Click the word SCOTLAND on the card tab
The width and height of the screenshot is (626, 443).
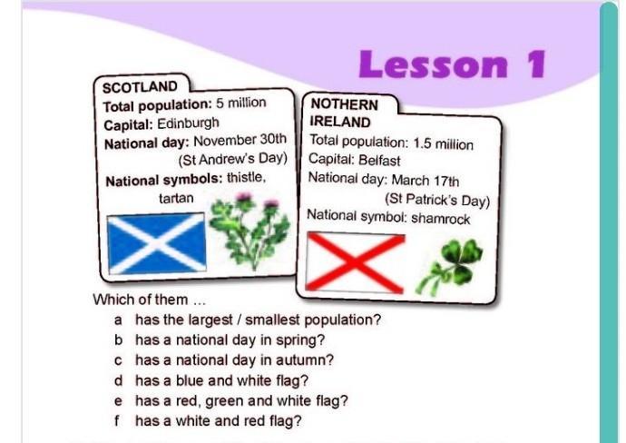[140, 87]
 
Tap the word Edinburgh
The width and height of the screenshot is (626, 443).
[188, 123]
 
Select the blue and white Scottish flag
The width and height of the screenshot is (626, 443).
[157, 243]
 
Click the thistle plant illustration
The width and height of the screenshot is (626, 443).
[250, 231]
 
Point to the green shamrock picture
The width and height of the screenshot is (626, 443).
[450, 266]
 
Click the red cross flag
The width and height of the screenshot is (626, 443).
[355, 262]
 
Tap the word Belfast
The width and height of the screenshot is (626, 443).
[379, 161]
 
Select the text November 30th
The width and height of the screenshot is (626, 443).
[240, 140]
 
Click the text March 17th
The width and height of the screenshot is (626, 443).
[425, 181]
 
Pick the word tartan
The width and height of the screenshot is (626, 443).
[176, 198]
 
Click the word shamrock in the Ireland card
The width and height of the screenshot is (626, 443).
[440, 219]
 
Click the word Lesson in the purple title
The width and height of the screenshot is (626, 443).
[434, 64]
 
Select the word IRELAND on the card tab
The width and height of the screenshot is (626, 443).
[340, 122]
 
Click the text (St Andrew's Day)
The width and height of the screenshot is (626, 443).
[233, 159]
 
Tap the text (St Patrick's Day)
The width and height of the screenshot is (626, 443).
[437, 200]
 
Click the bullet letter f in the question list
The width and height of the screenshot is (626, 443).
[116, 420]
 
